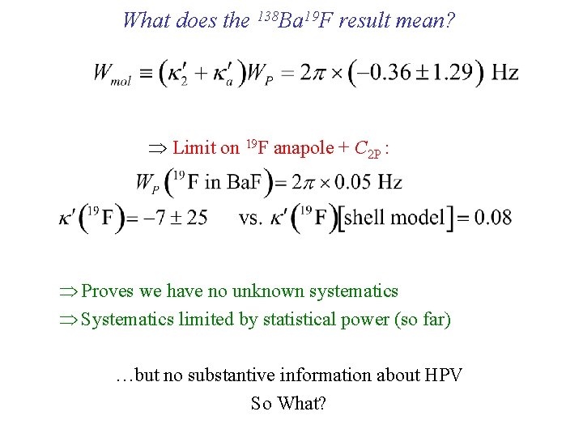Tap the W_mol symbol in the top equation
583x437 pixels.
click(112, 74)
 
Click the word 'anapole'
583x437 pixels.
click(304, 147)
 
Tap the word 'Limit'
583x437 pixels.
click(194, 147)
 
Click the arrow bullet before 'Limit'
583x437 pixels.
click(157, 148)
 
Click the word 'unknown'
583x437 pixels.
click(266, 291)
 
